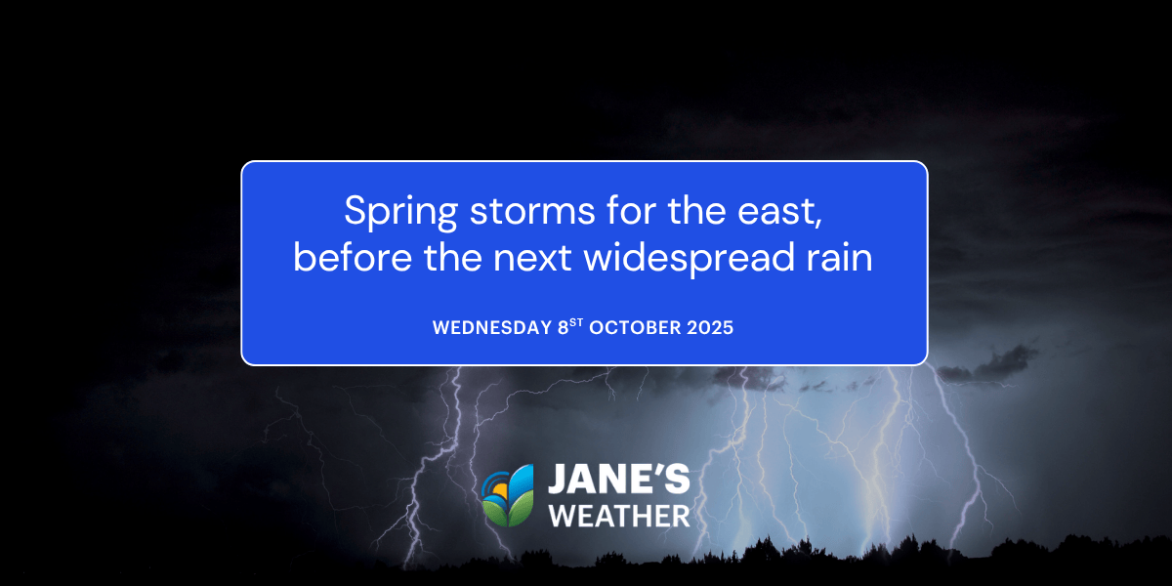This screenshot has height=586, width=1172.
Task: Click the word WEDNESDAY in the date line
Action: coord(492,328)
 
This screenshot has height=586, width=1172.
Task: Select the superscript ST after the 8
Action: coord(575,323)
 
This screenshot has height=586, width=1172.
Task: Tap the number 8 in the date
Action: coord(563,328)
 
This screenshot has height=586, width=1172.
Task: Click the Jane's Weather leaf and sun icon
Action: coord(509,495)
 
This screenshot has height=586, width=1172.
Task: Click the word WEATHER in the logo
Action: coord(619,515)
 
